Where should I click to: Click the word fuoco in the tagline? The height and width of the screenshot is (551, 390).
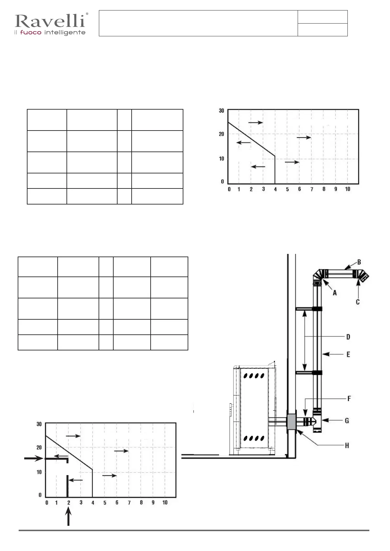tap(30, 33)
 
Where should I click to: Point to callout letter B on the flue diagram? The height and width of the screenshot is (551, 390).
tap(359, 262)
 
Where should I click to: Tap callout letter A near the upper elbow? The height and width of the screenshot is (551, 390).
tap(335, 293)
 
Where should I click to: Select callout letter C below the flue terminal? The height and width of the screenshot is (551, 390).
tap(358, 302)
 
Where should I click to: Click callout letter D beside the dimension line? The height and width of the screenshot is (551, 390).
tap(348, 337)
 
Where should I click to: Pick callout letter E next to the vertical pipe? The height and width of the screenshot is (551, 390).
tap(348, 354)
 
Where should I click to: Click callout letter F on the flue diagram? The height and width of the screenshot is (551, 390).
tap(349, 399)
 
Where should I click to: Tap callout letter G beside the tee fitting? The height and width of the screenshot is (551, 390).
tap(347, 420)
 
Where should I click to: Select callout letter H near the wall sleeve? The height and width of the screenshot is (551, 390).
tap(347, 445)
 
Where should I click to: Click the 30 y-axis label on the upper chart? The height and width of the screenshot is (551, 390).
tap(221, 111)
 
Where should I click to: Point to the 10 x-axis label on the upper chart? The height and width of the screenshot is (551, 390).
tap(347, 189)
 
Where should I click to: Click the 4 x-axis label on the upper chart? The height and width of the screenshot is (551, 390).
tap(275, 189)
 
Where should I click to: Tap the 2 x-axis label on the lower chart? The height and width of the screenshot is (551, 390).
tap(69, 503)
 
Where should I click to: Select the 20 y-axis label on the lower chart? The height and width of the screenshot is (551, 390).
tap(39, 448)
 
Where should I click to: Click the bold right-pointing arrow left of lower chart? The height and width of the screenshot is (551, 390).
tap(34, 459)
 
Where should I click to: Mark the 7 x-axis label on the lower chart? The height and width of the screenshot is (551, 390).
tap(129, 503)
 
